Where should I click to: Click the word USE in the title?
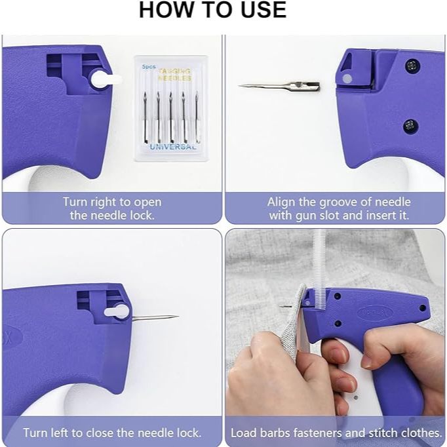(x=263, y=10)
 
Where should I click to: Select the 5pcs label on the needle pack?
(x=149, y=67)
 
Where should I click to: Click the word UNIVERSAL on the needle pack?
(x=173, y=147)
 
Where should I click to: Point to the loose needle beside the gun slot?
(x=279, y=86)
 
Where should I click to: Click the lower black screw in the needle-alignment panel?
(x=411, y=126)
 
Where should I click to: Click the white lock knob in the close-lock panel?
(x=117, y=311)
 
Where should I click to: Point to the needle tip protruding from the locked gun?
(x=178, y=316)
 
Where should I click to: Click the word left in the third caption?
(x=60, y=433)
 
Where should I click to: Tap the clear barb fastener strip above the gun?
(x=319, y=270)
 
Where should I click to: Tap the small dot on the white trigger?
(x=355, y=397)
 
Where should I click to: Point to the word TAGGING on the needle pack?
(x=174, y=71)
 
